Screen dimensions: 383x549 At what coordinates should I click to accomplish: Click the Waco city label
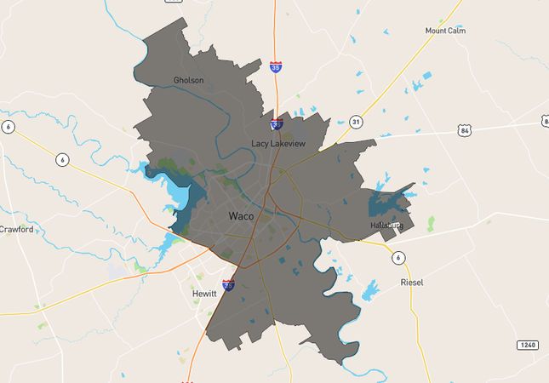(241, 217)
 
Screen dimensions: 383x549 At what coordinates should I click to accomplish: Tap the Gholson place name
(188, 81)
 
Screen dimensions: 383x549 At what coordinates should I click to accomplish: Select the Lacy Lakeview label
(279, 144)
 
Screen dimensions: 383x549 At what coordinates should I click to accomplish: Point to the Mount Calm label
(445, 31)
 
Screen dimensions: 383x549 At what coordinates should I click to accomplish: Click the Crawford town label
(16, 229)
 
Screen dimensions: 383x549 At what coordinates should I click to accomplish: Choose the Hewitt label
(204, 293)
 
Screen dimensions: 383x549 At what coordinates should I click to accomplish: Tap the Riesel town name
(411, 282)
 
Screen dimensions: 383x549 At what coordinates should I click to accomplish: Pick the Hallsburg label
(385, 225)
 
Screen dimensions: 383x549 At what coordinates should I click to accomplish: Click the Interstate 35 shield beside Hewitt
(228, 285)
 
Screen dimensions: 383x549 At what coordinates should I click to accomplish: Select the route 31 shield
(356, 123)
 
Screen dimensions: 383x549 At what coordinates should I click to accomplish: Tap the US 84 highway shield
(463, 130)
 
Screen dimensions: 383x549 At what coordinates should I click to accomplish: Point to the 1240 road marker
(527, 345)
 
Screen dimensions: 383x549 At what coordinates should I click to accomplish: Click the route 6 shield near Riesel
(397, 257)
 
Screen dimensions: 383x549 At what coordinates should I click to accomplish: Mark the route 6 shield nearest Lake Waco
(62, 159)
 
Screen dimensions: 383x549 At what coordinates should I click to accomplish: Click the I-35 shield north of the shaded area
(276, 66)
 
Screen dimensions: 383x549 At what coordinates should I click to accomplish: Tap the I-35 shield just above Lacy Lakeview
(277, 125)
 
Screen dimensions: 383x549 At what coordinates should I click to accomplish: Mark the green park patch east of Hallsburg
(431, 223)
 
